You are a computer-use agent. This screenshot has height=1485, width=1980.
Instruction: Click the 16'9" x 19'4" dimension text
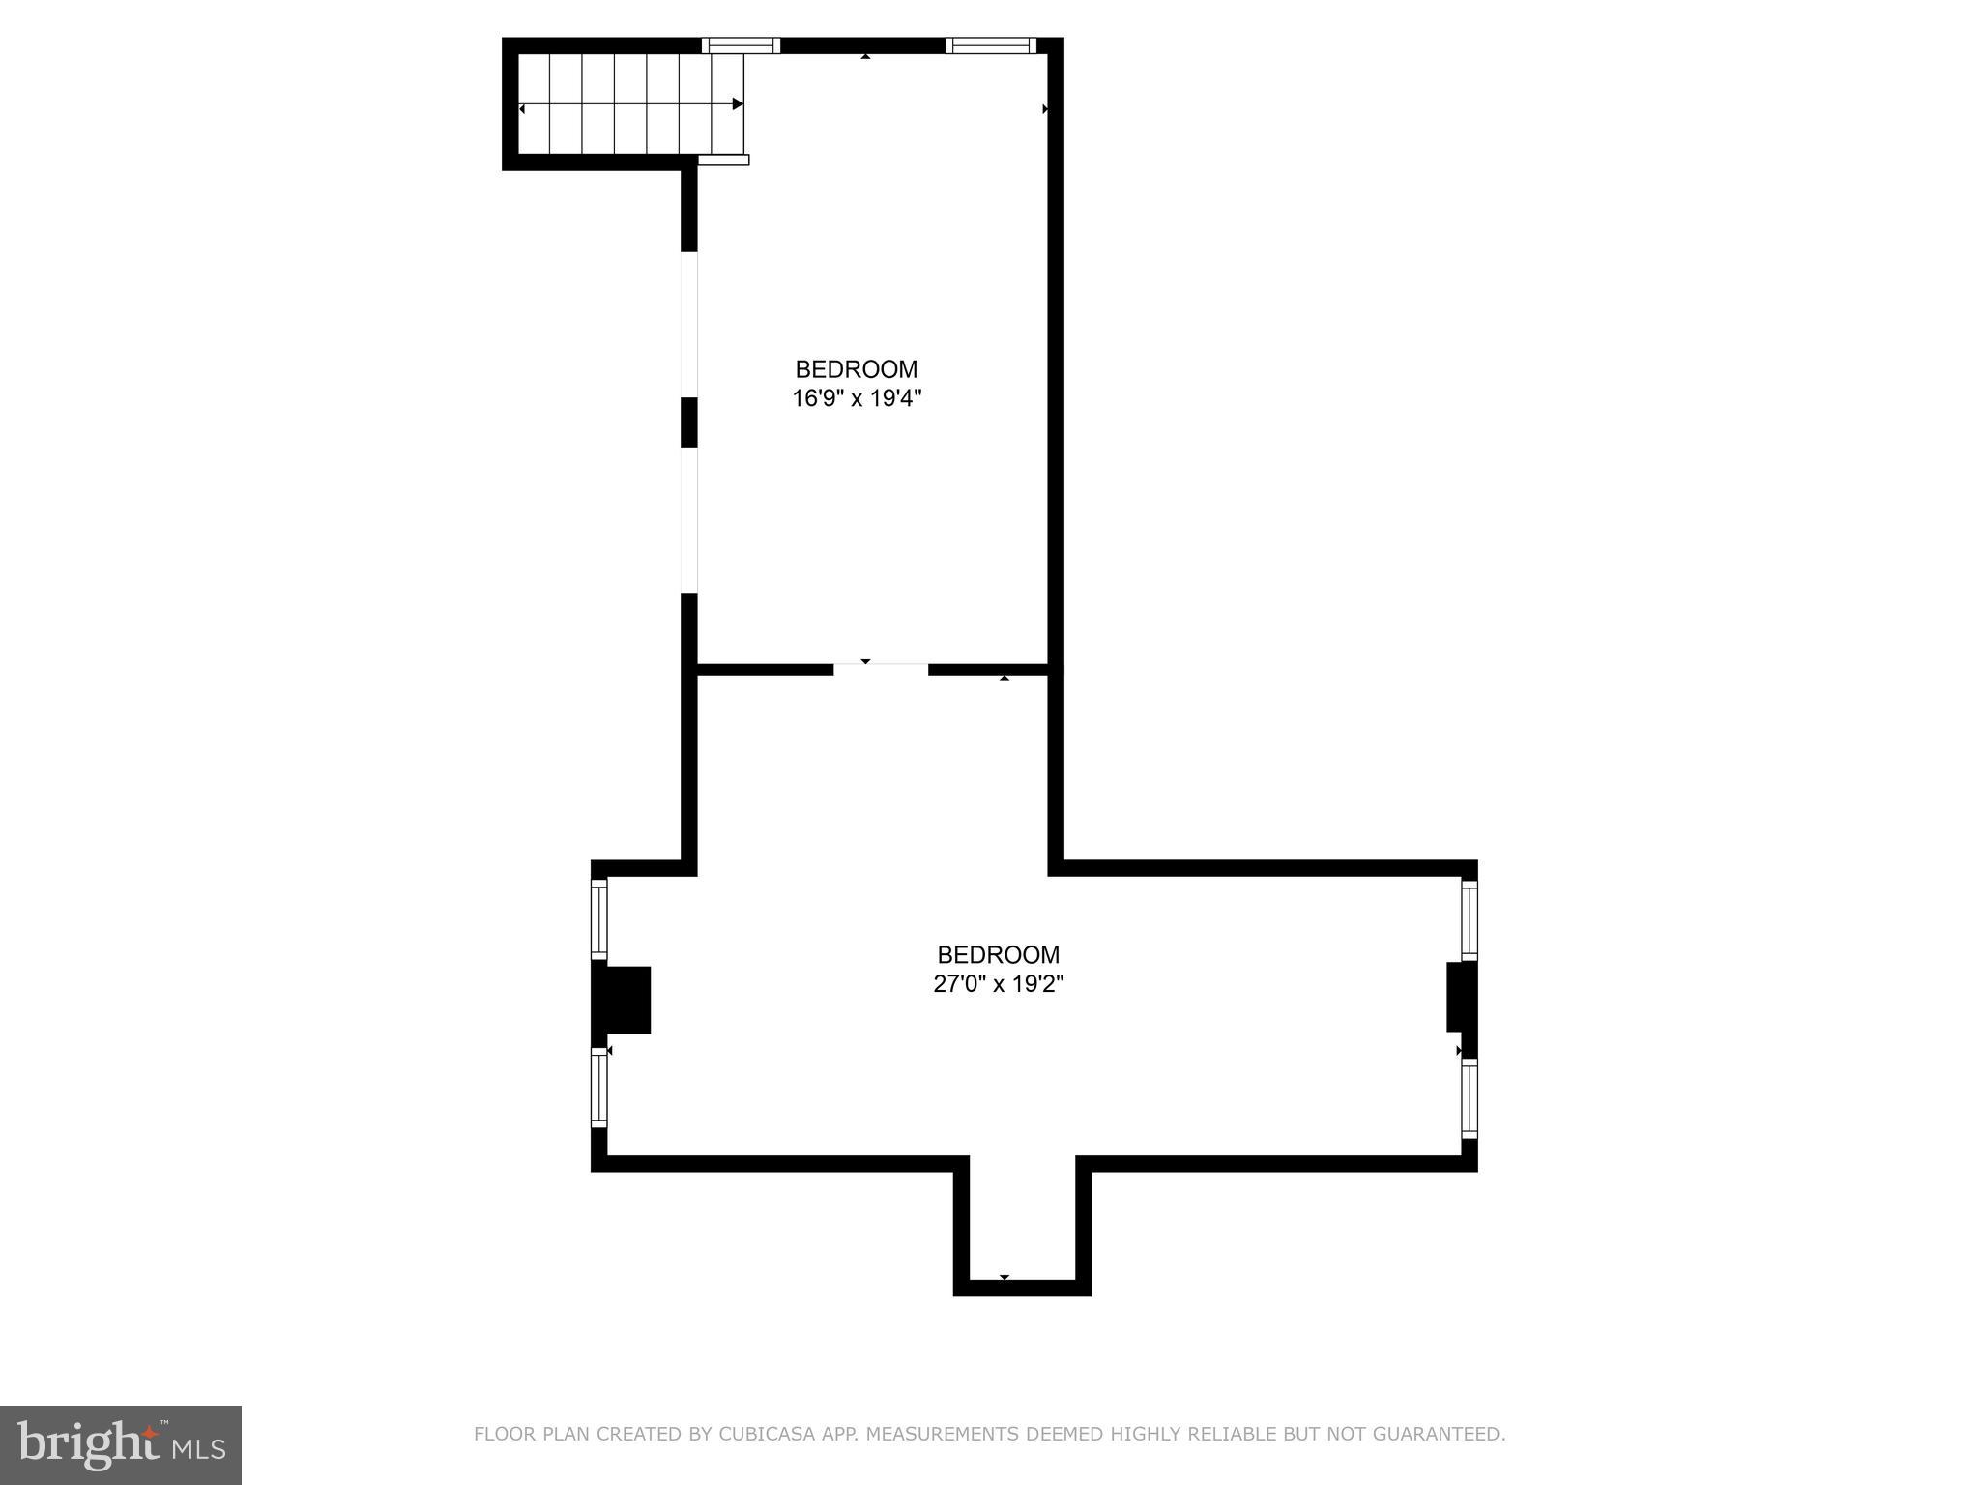click(857, 398)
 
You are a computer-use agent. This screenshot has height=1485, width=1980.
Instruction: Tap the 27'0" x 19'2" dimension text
click(998, 984)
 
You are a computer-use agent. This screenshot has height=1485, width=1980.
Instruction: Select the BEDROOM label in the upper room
click(857, 369)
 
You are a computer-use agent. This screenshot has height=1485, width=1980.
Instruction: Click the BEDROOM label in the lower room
click(998, 955)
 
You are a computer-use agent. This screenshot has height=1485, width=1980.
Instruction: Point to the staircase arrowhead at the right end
click(738, 103)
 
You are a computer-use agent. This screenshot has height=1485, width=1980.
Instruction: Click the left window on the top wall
click(741, 44)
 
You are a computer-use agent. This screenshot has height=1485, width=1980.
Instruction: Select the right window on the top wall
click(991, 44)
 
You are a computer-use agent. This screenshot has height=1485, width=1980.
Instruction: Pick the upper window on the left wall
click(599, 917)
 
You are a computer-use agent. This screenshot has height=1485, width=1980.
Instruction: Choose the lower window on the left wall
click(599, 1089)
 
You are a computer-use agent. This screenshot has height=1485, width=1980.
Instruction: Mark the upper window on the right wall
click(1470, 919)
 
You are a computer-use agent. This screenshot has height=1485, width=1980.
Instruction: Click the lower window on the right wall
click(1470, 1097)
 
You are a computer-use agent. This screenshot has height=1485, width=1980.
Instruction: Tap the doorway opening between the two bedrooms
click(881, 668)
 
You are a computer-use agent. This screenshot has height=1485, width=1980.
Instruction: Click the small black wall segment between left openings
click(689, 422)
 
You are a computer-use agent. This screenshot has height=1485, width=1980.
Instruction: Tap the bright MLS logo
click(121, 1444)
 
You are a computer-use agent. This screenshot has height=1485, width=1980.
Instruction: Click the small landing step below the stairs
click(723, 160)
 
